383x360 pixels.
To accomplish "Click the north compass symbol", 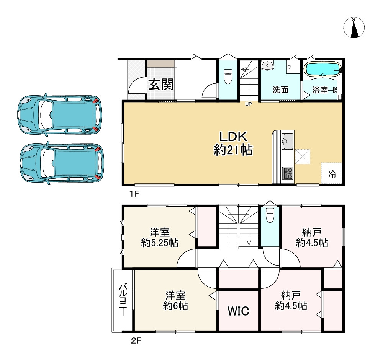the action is click(354, 28).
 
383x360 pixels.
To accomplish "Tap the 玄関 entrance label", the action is click(161, 85).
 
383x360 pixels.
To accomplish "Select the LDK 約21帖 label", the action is click(233, 143).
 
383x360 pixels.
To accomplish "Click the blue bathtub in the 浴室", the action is click(322, 69).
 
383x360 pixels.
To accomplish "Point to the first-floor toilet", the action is click(228, 76).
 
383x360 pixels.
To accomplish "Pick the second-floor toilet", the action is click(270, 215).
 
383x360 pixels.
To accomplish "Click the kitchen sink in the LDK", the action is click(287, 141).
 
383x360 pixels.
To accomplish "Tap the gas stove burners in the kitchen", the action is click(288, 173).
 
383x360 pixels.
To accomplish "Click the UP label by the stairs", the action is click(249, 104).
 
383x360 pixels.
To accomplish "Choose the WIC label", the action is click(238, 311).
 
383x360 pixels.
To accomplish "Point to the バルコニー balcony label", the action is click(123, 300).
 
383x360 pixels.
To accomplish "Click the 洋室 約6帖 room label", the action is click(175, 300).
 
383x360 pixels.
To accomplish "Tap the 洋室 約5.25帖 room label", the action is click(160, 238).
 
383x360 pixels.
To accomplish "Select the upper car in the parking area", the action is click(60, 114).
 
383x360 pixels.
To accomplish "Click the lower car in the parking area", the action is click(62, 163).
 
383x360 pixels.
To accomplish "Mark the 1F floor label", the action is click(134, 194).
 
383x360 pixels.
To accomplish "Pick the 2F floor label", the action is click(136, 340).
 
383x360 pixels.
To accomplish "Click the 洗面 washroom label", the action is click(280, 90).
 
